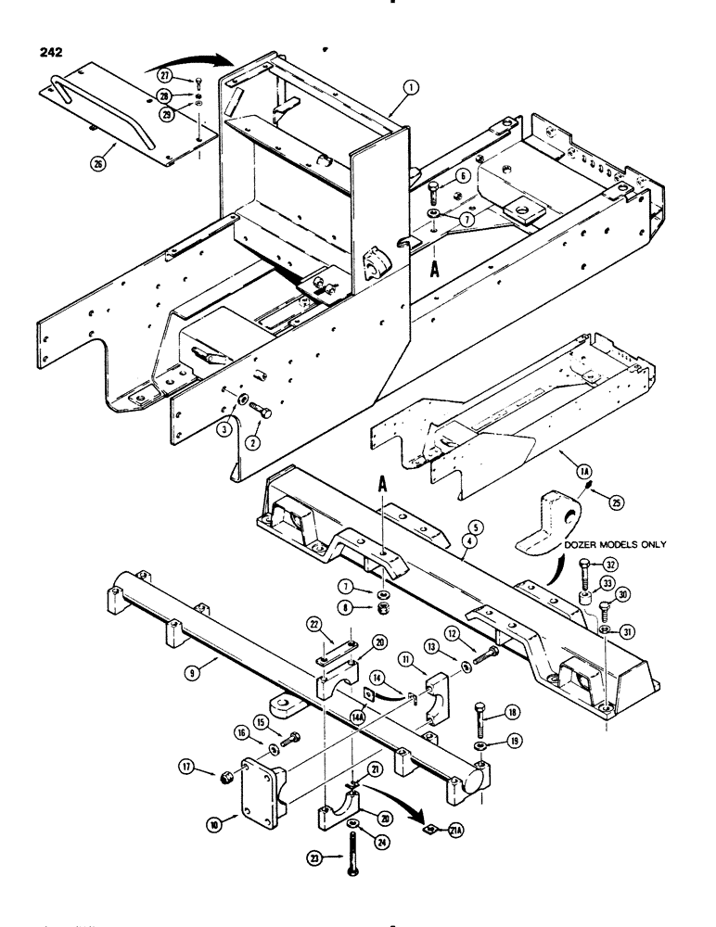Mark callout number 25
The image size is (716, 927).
(x=611, y=504)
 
